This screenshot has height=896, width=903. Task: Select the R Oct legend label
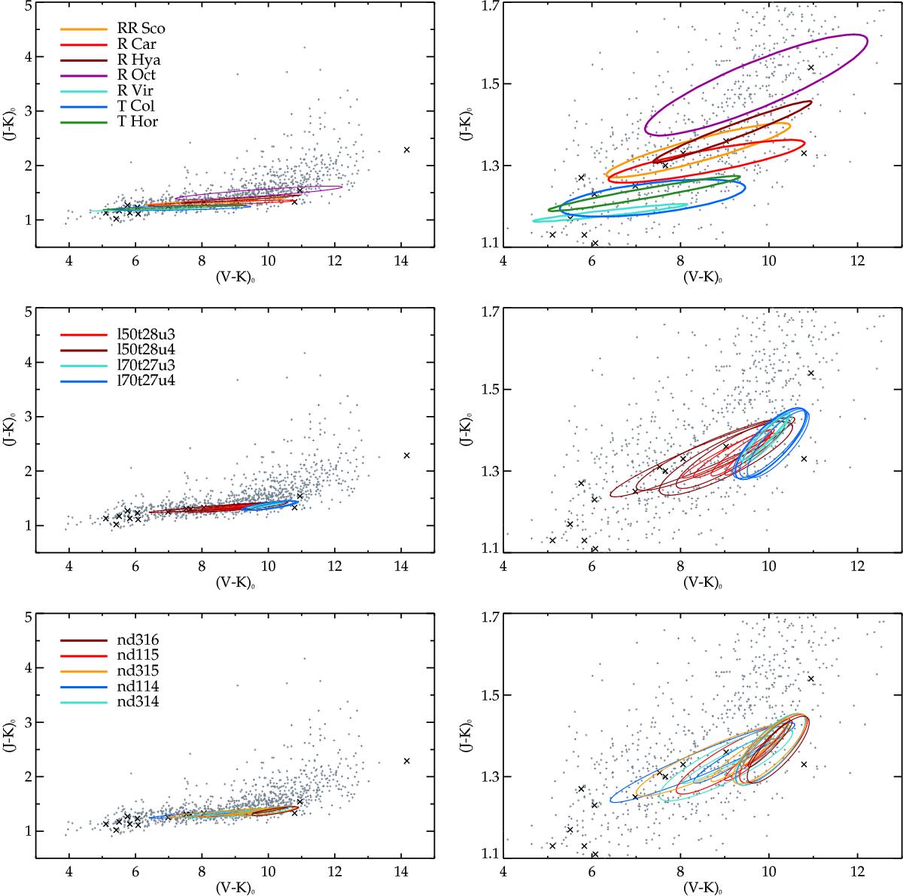(x=136, y=75)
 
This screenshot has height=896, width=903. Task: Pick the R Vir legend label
(x=135, y=91)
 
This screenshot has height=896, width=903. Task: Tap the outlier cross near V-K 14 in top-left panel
(x=406, y=150)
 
